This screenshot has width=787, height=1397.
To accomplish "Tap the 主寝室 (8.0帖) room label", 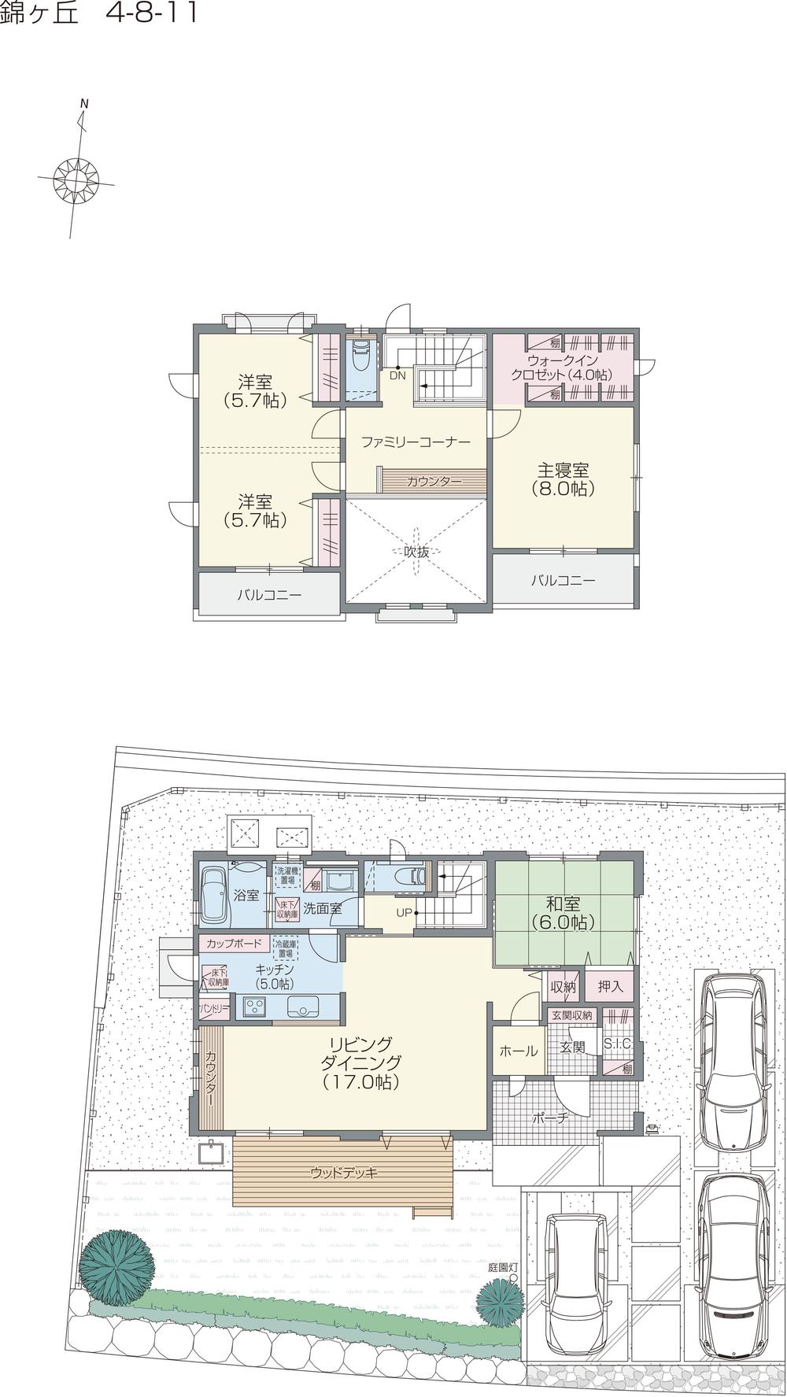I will pyautogui.click(x=563, y=479).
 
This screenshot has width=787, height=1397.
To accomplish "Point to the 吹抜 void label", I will pyautogui.click(x=416, y=553).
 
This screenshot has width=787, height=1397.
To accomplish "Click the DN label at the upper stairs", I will pyautogui.click(x=397, y=375).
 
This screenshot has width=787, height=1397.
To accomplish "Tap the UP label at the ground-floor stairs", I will pyautogui.click(x=404, y=913).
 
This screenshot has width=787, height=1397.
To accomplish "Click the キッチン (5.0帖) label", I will pyautogui.click(x=275, y=977).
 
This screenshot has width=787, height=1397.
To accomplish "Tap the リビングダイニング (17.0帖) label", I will pyautogui.click(x=360, y=1063).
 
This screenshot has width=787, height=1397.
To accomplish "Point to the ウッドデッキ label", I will pyautogui.click(x=344, y=1173).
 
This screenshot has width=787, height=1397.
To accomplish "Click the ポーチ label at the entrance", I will pyautogui.click(x=550, y=1117).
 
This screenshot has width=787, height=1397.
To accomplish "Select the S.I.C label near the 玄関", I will pyautogui.click(x=617, y=1044).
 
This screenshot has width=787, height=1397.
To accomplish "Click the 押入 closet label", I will pyautogui.click(x=610, y=986).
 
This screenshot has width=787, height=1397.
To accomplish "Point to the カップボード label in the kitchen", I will pyautogui.click(x=234, y=943).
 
